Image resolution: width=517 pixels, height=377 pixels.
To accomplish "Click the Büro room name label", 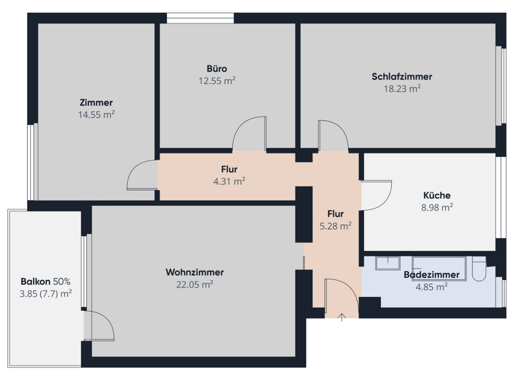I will click(217, 69).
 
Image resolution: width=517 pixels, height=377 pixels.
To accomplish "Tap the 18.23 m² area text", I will click(401, 88).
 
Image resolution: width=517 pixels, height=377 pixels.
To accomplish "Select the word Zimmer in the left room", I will click(96, 103).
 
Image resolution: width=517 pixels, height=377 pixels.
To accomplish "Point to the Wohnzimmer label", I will click(195, 273).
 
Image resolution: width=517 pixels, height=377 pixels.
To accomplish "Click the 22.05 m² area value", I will click(195, 284).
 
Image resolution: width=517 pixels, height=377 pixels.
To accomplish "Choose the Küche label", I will click(436, 196).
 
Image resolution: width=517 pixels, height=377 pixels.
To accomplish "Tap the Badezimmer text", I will click(432, 275).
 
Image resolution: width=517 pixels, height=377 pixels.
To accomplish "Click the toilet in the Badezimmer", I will click(479, 271).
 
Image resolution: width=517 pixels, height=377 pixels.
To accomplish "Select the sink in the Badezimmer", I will click(387, 263).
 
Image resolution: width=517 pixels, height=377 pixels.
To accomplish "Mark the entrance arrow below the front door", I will click(341, 317).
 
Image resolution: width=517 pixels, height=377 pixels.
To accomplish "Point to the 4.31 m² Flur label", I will click(229, 175).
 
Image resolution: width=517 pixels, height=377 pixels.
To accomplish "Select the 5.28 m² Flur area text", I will click(335, 226).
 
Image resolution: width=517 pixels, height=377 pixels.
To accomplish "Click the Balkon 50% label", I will click(45, 281).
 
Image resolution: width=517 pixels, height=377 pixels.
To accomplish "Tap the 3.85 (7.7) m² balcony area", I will click(45, 294).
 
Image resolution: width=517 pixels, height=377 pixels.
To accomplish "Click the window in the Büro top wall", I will click(201, 18).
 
